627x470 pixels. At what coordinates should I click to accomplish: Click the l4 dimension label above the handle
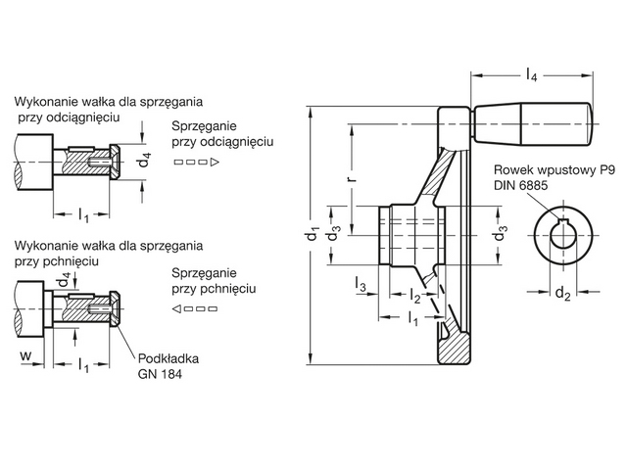click(x=530, y=74)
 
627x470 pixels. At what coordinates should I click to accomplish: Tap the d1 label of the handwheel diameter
click(x=312, y=235)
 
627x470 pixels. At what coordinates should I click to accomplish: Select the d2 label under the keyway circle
click(x=561, y=293)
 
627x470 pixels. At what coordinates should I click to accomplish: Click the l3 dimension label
click(x=361, y=285)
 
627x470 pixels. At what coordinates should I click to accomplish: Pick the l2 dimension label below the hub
click(x=415, y=297)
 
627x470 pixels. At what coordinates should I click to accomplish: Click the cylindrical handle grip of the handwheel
click(x=534, y=125)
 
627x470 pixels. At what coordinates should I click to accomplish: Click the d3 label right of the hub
click(x=502, y=235)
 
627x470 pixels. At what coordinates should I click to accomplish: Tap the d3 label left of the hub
click(x=334, y=235)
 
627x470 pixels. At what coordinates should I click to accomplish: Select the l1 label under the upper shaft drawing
click(x=83, y=214)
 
